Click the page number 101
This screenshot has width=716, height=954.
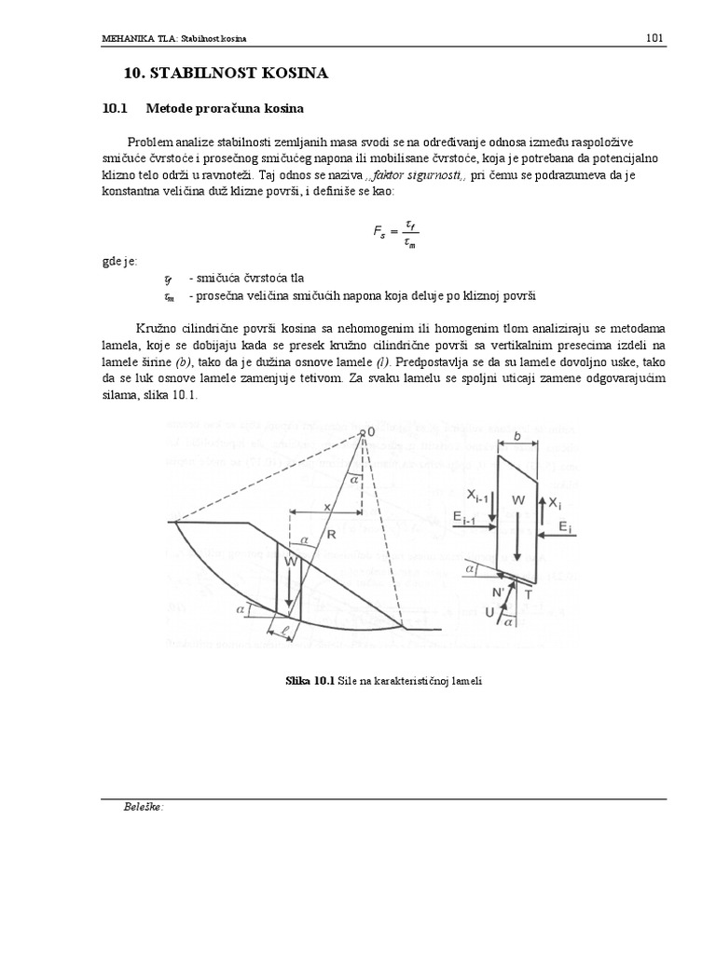coord(654,38)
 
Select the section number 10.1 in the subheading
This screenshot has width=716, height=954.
coord(117,108)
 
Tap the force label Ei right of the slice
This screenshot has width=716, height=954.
coord(565,526)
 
